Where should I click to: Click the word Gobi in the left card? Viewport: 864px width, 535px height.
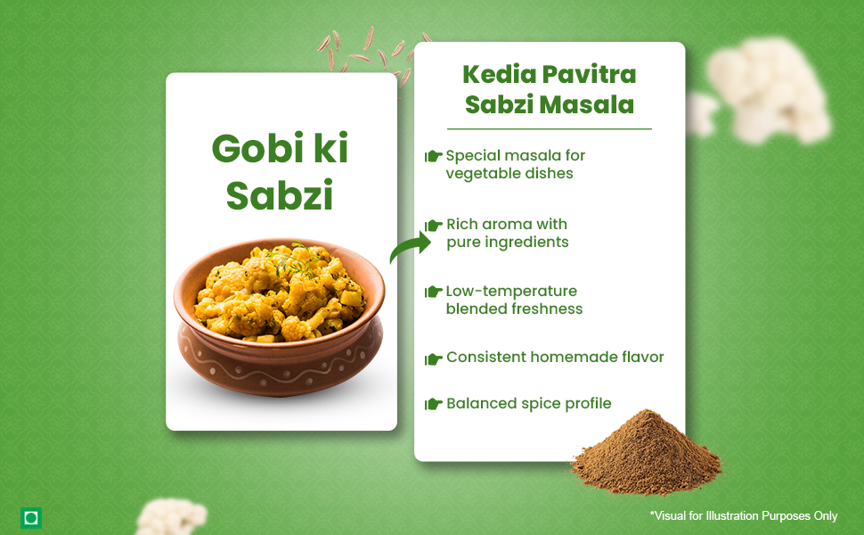click(x=258, y=148)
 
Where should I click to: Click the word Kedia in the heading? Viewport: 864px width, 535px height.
click(x=498, y=75)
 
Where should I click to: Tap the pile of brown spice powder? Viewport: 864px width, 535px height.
click(x=647, y=452)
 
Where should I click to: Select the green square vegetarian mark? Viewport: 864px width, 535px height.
click(x=31, y=518)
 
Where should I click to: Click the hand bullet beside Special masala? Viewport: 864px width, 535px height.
click(x=433, y=156)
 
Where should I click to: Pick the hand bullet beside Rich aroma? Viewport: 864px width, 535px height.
click(x=433, y=225)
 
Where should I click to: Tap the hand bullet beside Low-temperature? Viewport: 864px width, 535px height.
click(x=433, y=292)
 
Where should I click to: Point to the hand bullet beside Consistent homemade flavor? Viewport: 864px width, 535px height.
click(x=433, y=359)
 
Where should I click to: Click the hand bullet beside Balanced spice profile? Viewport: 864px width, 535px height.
click(x=433, y=404)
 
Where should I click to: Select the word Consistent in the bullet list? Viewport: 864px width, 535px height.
click(x=486, y=357)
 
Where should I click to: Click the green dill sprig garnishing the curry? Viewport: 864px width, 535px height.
click(x=295, y=259)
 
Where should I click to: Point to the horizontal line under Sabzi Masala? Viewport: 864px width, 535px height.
click(x=550, y=129)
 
